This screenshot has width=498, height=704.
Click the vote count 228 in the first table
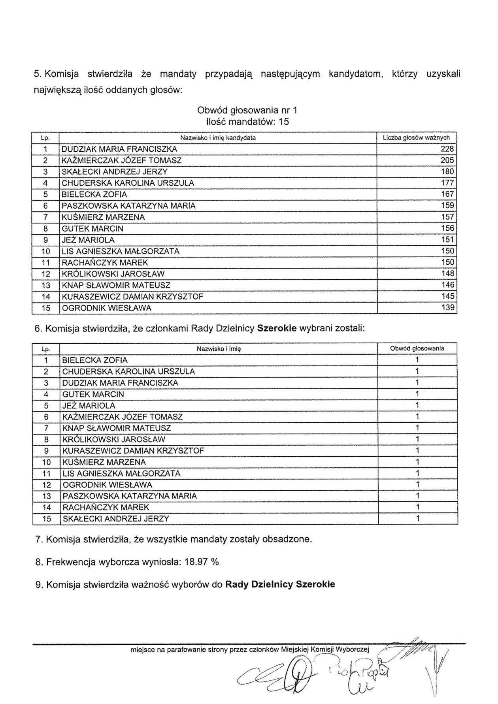click(x=447, y=149)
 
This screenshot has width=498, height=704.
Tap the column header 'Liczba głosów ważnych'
click(x=416, y=138)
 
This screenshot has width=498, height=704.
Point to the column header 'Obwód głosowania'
click(x=417, y=348)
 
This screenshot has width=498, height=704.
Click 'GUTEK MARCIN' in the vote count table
click(x=92, y=228)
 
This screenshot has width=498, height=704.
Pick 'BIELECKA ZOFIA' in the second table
click(x=95, y=360)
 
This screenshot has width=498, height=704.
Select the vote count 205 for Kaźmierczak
click(x=447, y=160)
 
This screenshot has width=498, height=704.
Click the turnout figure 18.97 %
click(x=202, y=562)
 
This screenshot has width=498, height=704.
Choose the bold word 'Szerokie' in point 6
click(x=277, y=328)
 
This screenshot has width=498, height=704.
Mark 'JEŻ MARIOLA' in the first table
click(x=88, y=240)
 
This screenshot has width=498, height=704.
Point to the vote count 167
click(x=447, y=194)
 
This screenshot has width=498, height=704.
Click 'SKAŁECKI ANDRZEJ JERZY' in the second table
click(x=115, y=519)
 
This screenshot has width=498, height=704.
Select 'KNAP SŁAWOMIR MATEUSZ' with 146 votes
click(x=116, y=285)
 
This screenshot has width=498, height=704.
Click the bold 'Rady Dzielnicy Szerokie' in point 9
click(x=280, y=584)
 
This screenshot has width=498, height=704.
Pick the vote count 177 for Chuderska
click(x=447, y=183)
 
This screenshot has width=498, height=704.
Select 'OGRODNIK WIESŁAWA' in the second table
click(x=107, y=485)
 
